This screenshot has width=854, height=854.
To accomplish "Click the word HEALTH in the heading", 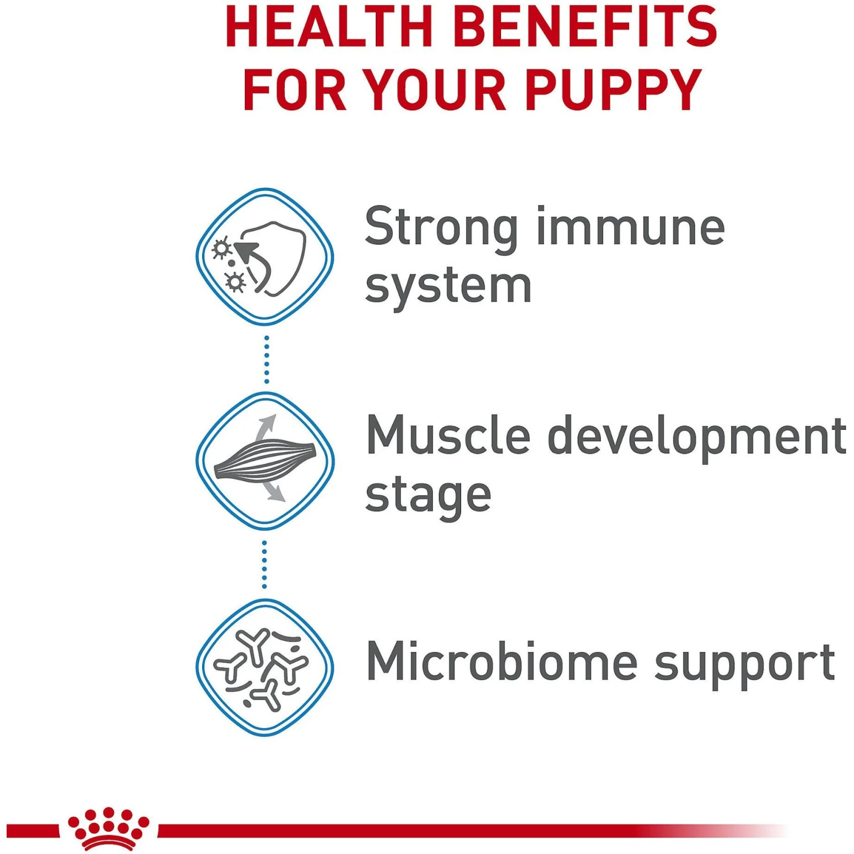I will tap(330, 27).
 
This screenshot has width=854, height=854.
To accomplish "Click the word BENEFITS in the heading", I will tap(587, 27).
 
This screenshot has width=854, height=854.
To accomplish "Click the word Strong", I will tap(441, 228).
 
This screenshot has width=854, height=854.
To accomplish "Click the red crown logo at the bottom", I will tap(108, 828).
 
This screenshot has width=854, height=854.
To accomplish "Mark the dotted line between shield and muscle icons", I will tap(266, 359).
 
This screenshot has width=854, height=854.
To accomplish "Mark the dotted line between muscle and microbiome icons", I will tap(264, 564).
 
